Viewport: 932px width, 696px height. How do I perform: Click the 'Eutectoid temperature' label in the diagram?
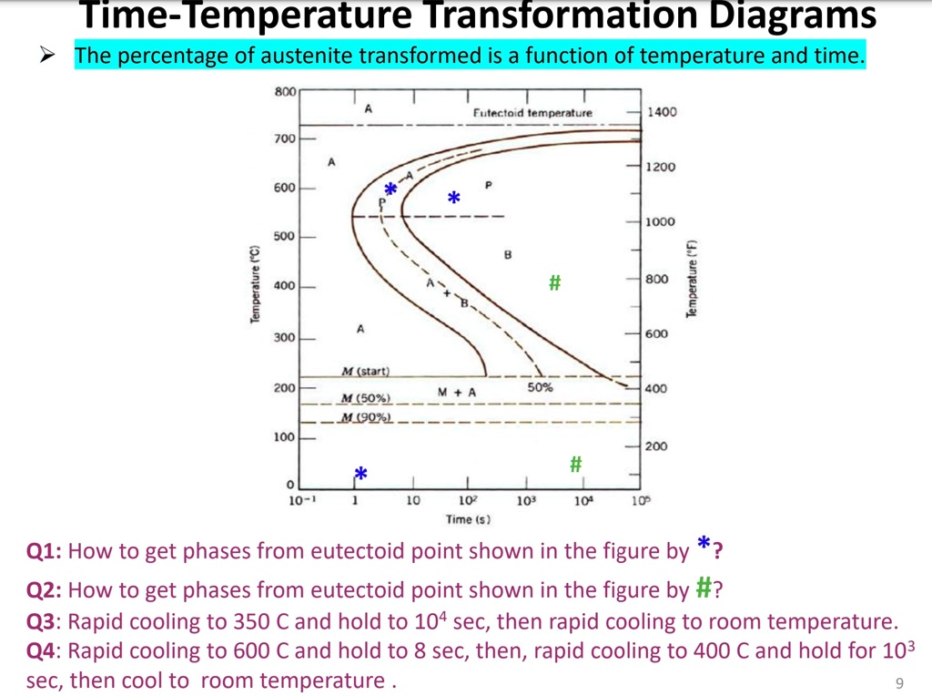click(x=532, y=113)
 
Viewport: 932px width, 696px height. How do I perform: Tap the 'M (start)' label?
click(x=365, y=371)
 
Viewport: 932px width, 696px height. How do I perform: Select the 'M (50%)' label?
click(x=366, y=398)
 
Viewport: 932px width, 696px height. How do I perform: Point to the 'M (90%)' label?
click(x=366, y=417)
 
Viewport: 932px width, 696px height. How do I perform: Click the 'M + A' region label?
click(x=456, y=392)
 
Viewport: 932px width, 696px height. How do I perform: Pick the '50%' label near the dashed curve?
click(x=540, y=387)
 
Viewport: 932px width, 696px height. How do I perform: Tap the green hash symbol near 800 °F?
click(x=554, y=283)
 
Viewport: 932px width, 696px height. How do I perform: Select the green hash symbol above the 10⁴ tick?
click(x=575, y=464)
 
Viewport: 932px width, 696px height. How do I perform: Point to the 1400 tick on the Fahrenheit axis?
click(x=661, y=112)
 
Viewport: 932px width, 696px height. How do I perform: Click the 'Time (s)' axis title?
click(x=468, y=519)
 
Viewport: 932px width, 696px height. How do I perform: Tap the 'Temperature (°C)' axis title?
click(x=256, y=285)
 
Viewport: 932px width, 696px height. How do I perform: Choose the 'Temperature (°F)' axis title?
click(x=693, y=279)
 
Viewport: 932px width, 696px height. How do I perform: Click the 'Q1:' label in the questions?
click(x=44, y=551)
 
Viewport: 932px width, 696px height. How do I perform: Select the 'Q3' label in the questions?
click(x=40, y=622)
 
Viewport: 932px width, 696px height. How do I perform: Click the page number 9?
click(x=899, y=683)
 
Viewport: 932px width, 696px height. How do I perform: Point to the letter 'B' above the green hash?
click(x=508, y=255)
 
